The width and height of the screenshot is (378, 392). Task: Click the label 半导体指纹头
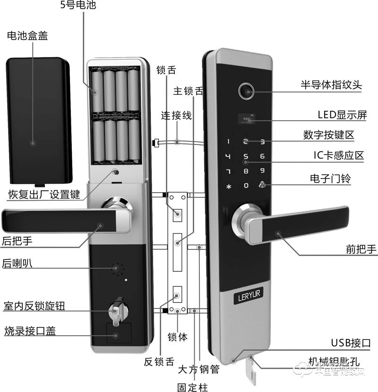331,86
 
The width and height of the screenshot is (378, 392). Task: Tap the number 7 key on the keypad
228,171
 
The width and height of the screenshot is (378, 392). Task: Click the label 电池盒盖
27,36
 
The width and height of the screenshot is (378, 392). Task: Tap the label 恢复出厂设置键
44,195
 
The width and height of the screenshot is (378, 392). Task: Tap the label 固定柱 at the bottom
192,387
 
